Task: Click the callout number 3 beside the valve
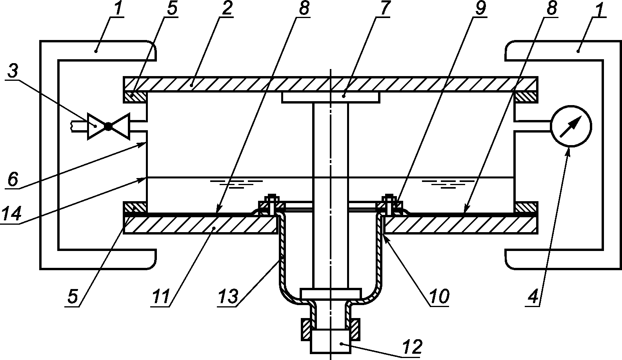13,71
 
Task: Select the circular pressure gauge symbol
571,126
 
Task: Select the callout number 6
13,180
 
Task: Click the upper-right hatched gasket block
526,97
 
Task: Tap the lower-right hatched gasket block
526,207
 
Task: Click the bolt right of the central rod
389,205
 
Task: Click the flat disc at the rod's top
331,98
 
